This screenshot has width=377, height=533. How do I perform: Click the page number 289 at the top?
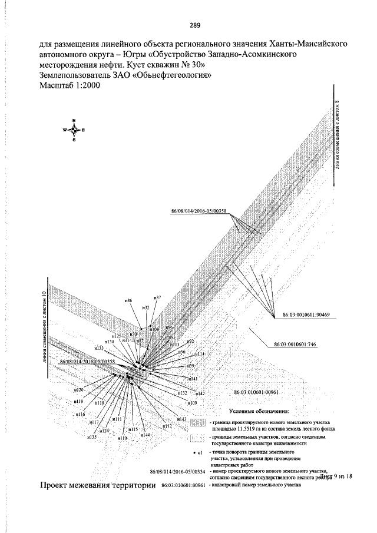click(x=196, y=25)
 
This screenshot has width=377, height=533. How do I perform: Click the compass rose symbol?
click(x=74, y=130)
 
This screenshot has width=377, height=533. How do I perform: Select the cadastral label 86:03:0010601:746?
click(x=296, y=345)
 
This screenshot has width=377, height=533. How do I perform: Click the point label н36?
click(x=128, y=301)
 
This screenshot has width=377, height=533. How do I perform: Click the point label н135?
click(x=91, y=437)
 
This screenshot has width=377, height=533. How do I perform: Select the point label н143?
click(x=181, y=419)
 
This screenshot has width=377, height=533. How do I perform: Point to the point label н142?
click(x=199, y=393)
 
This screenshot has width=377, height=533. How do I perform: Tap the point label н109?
click(x=192, y=402)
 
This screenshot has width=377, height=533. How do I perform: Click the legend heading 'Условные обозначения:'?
click(x=259, y=410)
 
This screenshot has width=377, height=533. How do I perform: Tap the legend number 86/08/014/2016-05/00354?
click(x=177, y=472)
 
